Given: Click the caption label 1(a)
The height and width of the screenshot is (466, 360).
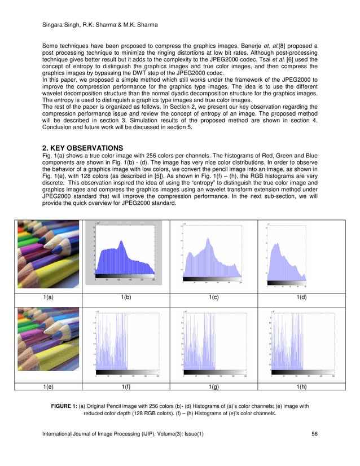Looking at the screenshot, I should (x=49, y=297).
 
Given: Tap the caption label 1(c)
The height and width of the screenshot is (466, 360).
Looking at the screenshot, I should (x=214, y=297).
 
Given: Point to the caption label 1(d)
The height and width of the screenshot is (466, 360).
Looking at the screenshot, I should (x=302, y=297).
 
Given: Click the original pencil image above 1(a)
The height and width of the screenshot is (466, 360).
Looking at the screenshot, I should (x=49, y=254).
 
